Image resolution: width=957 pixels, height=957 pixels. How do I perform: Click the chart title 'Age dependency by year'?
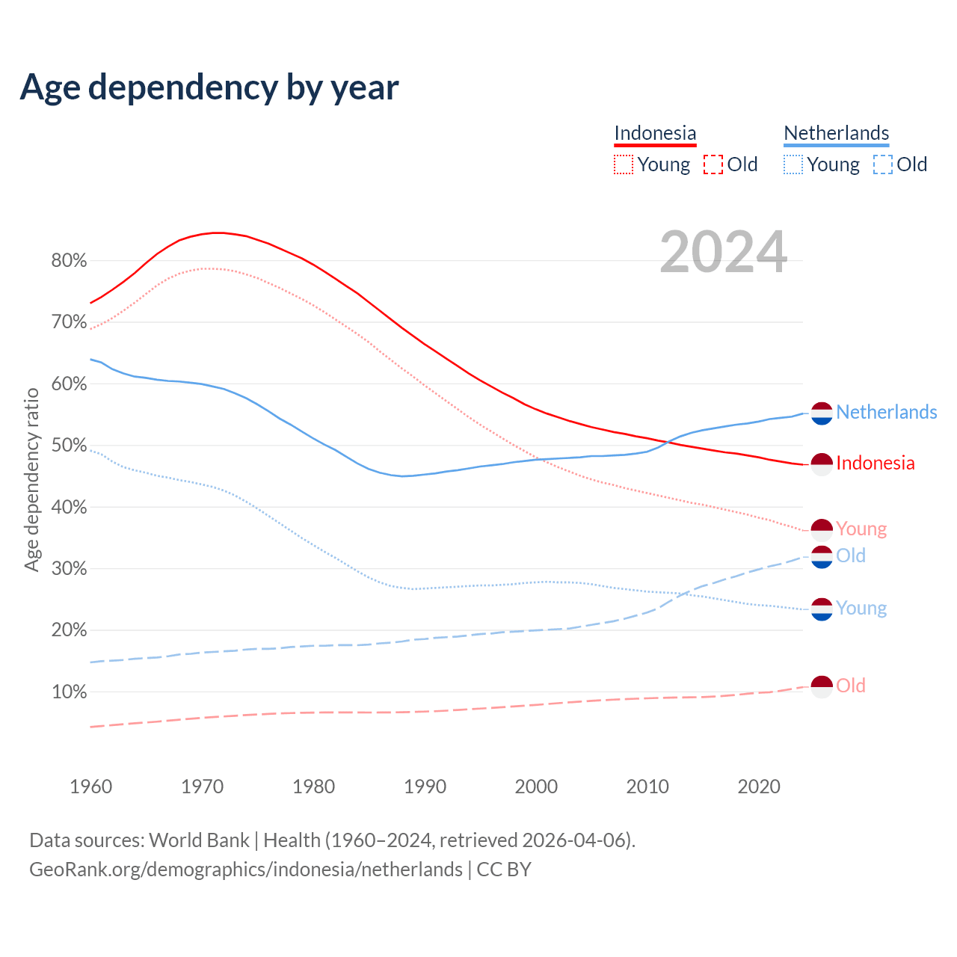(x=209, y=87)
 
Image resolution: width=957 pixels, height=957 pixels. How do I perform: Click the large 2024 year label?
(x=723, y=252)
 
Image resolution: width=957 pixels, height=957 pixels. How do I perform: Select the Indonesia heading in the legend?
(x=655, y=133)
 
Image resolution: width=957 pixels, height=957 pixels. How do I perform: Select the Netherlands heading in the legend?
(x=836, y=133)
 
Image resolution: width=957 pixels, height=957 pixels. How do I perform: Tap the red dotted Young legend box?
(x=624, y=164)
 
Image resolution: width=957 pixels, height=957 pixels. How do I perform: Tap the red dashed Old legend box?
(x=713, y=164)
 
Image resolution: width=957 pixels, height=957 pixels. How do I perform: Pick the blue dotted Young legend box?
(x=793, y=164)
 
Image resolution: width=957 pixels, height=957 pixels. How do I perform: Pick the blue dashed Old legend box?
(x=883, y=164)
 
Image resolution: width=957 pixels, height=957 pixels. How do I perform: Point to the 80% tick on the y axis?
(x=69, y=261)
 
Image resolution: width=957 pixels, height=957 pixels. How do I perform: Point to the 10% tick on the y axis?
(x=69, y=692)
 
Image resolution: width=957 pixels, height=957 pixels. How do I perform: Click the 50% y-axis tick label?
(x=69, y=446)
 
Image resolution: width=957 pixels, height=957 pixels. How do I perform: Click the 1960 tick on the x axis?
(x=90, y=787)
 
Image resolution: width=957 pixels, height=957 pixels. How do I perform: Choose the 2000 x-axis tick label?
(x=536, y=787)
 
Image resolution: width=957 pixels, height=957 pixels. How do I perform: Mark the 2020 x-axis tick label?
(x=759, y=787)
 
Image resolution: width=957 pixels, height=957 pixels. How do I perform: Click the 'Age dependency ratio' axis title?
(x=31, y=479)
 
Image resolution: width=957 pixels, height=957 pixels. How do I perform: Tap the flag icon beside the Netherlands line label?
(x=822, y=413)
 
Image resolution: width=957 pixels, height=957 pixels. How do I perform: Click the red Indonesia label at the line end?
(x=875, y=464)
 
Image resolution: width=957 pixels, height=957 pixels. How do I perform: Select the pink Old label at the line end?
(x=851, y=686)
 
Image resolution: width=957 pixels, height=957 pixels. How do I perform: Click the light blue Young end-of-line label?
(x=861, y=609)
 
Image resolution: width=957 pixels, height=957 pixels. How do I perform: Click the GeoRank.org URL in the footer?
(x=246, y=870)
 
